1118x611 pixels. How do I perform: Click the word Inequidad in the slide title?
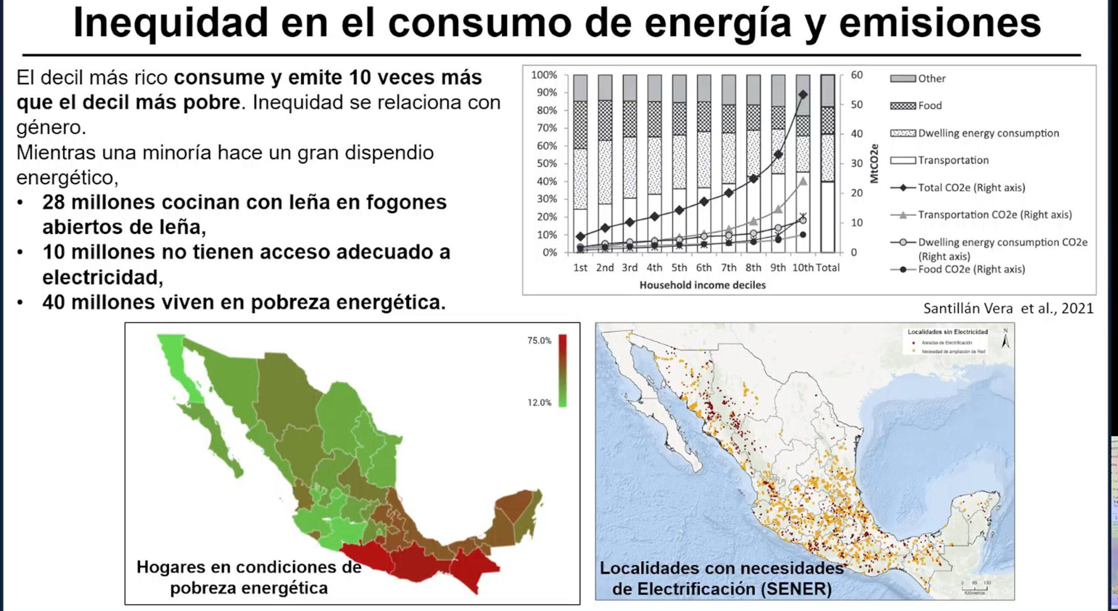coord(170,24)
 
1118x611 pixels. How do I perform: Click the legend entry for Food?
coord(930,106)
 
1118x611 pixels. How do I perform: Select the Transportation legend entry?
coord(953,160)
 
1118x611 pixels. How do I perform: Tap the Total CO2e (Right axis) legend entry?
coord(971,188)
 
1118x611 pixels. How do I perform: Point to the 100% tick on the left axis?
coord(544,75)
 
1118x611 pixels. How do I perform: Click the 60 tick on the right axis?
coord(856,75)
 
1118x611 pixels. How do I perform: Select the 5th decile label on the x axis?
coord(679,268)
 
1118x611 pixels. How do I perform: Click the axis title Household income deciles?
coord(702,285)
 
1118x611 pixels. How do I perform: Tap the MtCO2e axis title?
coord(874,163)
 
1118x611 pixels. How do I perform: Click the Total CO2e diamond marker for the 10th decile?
coord(803,95)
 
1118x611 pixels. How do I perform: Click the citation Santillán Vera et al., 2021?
coord(1008,309)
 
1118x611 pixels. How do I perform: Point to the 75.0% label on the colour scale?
coord(539,340)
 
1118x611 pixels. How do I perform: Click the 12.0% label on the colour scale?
coord(539,402)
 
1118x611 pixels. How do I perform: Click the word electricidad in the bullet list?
coord(103,278)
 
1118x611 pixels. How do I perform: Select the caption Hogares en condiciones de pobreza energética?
coord(249,577)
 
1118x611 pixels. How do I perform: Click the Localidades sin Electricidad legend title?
coord(947,332)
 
